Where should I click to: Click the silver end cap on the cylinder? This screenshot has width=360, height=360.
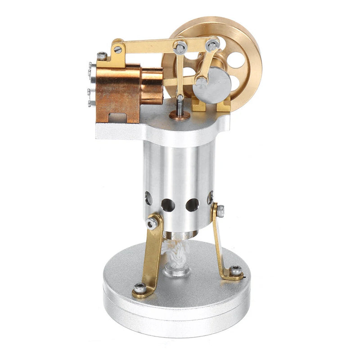(93, 83)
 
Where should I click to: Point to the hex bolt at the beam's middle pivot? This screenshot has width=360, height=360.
(180, 46)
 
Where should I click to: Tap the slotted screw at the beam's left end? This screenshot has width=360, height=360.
(118, 49)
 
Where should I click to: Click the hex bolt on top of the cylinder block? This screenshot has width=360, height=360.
(103, 56)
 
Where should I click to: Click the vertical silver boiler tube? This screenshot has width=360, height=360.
(178, 171)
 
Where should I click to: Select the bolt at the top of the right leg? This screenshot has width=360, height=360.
(220, 210)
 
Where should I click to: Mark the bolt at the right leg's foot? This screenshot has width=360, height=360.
(235, 270)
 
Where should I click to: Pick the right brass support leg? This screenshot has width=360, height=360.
(220, 243)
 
